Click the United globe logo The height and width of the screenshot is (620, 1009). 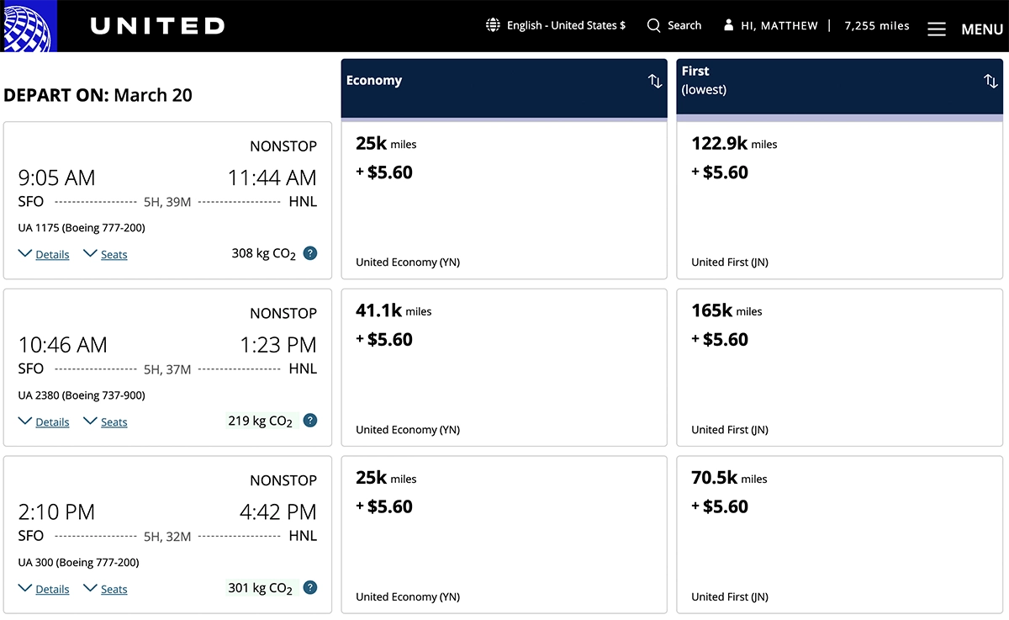coord(28,26)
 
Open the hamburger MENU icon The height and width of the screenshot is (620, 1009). coord(936,29)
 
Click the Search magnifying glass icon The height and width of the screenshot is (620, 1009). coord(653,25)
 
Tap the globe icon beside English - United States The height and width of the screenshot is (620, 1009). coord(494,25)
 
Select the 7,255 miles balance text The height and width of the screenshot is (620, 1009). coord(877,26)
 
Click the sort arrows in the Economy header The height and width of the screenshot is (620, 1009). coord(655,81)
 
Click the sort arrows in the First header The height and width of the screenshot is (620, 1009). coord(991,81)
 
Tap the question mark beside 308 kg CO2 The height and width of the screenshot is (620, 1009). coord(310,252)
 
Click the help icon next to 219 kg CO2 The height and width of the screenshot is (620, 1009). coord(310,420)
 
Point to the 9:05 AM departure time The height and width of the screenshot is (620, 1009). coord(57,178)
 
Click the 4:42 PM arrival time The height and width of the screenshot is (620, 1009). coord(277,511)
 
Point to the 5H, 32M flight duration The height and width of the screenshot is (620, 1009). coord(167,536)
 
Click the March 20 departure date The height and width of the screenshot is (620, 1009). coord(153,95)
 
